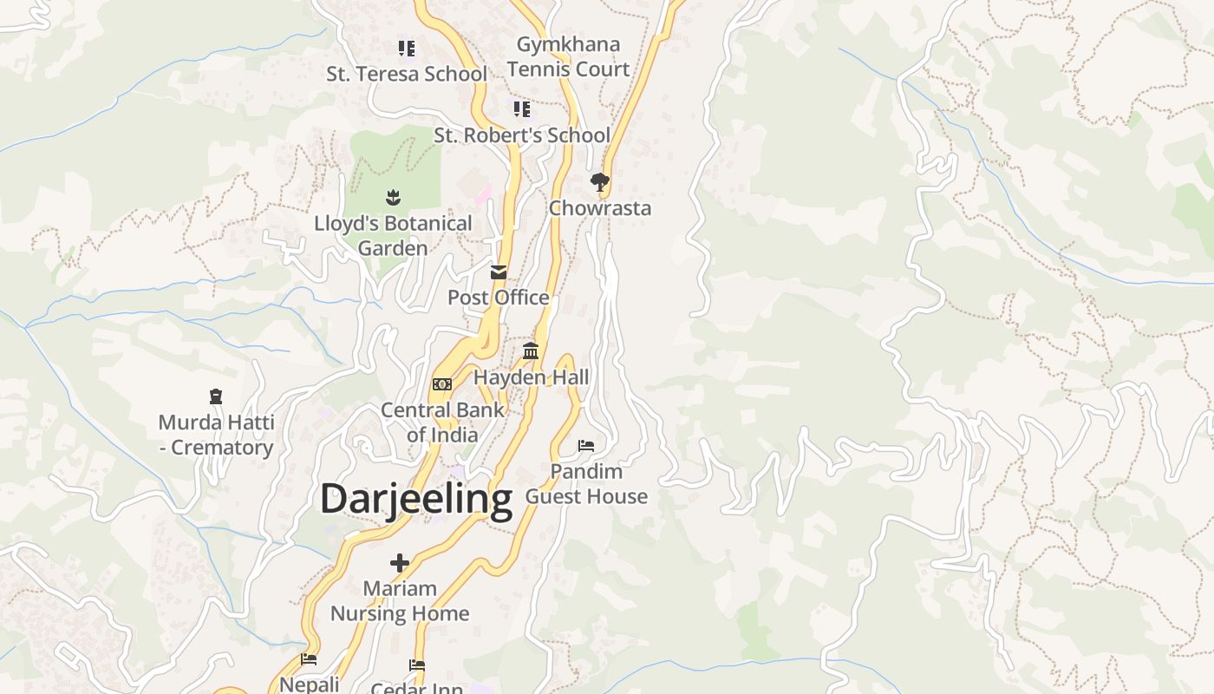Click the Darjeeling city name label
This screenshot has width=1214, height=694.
click(416, 500)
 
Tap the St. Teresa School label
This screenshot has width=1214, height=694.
click(407, 75)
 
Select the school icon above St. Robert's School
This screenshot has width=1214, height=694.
click(521, 109)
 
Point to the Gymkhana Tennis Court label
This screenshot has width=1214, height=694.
click(568, 56)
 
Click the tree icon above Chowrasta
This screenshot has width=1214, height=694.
click(599, 182)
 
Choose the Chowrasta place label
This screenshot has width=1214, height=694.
click(600, 208)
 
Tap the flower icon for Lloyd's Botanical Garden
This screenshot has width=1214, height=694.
click(393, 198)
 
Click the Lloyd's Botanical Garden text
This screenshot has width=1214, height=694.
click(393, 235)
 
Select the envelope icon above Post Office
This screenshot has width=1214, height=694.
click(499, 272)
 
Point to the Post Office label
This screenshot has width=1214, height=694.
click(499, 298)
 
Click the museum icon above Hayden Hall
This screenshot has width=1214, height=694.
click(531, 351)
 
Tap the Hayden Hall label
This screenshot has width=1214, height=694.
click(531, 377)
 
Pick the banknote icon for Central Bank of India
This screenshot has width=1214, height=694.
click(442, 384)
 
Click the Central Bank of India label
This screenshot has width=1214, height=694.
click(442, 422)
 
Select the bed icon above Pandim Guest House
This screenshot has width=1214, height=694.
click(586, 446)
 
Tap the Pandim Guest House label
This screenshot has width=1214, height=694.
click(587, 484)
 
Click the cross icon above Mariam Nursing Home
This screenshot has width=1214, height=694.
click(400, 563)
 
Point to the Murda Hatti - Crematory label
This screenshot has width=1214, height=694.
click(216, 435)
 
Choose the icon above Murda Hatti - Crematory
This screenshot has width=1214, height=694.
click(216, 397)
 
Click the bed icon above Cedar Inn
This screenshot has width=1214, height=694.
click(417, 665)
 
